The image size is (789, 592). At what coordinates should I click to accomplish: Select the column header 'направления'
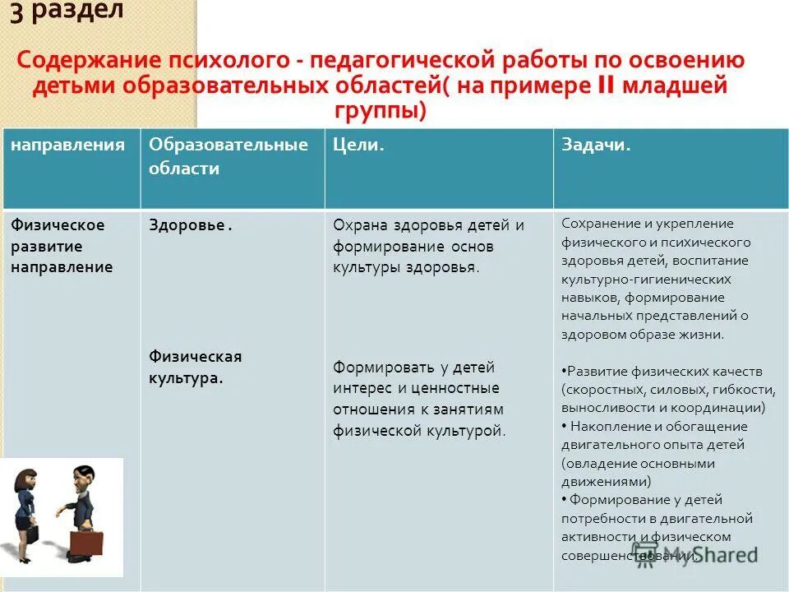67,145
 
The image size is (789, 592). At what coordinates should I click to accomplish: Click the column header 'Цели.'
359,145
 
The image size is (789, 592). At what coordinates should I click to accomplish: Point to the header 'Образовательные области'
228,156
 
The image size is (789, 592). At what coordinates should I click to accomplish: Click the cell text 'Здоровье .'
190,226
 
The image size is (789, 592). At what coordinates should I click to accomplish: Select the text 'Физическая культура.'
195,368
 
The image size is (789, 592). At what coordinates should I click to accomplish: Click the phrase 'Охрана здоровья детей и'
428,226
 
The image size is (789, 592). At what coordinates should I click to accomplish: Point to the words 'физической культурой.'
419,430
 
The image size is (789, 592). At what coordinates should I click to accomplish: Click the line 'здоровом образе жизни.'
643,335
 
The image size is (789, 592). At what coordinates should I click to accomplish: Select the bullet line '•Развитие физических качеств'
662,371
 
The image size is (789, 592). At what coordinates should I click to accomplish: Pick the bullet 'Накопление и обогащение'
657,426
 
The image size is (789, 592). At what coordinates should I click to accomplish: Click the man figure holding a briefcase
81,502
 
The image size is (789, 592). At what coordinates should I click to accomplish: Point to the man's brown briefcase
85,542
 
